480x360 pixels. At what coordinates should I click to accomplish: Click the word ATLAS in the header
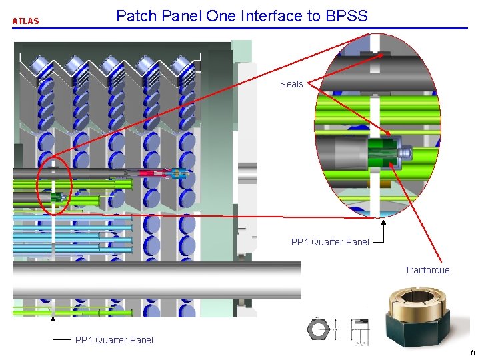[x=25, y=21]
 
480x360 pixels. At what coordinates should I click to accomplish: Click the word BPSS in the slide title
[x=346, y=15]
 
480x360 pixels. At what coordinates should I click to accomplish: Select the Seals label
[x=291, y=84]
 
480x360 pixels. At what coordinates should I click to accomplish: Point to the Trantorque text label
[x=427, y=270]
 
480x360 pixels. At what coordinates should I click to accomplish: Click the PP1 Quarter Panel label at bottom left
[x=114, y=340]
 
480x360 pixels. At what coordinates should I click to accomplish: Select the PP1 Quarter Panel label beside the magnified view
[x=330, y=242]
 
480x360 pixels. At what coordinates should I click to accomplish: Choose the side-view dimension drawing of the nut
[x=360, y=330]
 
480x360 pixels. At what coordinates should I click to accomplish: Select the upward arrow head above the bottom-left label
[x=52, y=319]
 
